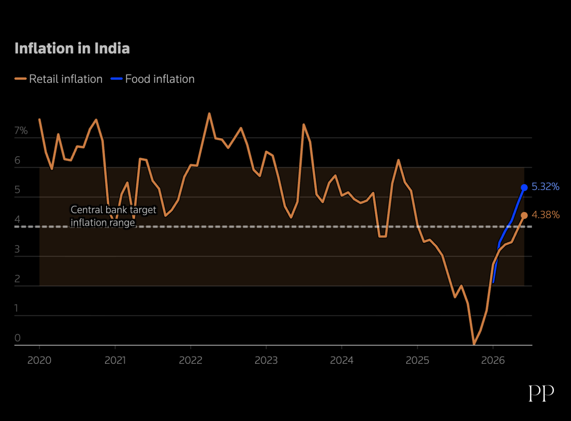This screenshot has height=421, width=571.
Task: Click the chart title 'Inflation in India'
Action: [x=72, y=48]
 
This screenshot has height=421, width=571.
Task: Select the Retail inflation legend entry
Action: [x=59, y=79]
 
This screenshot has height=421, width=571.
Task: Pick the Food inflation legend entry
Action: [x=152, y=79]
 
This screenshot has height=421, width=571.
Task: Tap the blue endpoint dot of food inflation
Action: [x=524, y=188]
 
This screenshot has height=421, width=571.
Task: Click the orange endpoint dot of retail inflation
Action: [x=524, y=215]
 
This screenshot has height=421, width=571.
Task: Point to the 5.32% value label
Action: [x=545, y=186]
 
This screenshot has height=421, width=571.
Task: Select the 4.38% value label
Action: [x=545, y=215]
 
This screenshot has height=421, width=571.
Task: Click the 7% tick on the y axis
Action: [x=21, y=131]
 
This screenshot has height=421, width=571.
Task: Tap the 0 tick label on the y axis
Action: [x=18, y=338]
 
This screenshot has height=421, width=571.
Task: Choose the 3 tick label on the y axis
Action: [x=17, y=249]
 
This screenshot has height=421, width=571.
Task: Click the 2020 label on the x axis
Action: [x=40, y=360]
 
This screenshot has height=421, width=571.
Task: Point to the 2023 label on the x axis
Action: [x=266, y=360]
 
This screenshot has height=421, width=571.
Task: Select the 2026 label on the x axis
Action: [x=493, y=360]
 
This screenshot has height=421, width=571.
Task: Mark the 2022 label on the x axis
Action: [x=191, y=360]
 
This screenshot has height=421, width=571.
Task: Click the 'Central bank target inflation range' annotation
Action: [x=113, y=216]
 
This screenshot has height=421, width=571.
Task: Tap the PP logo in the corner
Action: [x=541, y=393]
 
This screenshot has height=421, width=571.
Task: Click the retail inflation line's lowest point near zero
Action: [x=474, y=344]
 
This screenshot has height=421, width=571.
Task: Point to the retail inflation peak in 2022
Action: [x=209, y=113]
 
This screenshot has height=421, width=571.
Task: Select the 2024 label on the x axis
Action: [x=341, y=360]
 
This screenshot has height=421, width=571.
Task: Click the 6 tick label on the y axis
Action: [x=18, y=160]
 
